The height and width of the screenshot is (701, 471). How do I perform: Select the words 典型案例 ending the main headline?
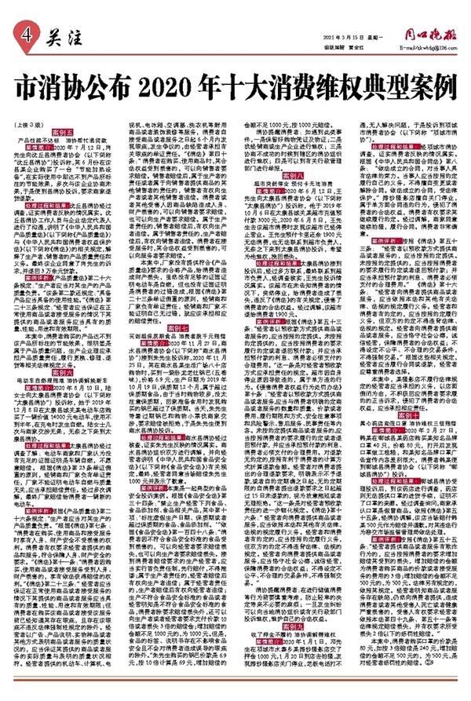(x=413, y=84)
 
